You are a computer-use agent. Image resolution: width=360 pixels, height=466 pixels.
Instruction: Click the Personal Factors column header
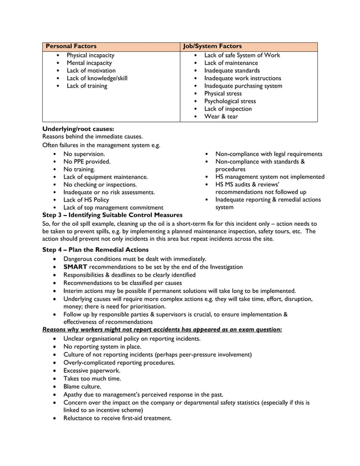coord(71,46)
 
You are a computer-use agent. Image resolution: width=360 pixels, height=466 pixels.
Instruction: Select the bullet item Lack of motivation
coord(91,71)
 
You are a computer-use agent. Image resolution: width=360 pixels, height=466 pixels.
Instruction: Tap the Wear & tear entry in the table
coord(221,117)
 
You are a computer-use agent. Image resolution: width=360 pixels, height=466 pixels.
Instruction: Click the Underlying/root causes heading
coord(78,129)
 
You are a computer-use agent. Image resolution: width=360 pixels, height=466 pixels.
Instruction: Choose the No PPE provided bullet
coord(86,161)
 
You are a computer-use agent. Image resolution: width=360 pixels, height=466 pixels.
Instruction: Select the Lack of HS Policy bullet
coord(86,200)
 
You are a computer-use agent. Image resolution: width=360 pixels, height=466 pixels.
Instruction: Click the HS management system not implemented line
coord(270,177)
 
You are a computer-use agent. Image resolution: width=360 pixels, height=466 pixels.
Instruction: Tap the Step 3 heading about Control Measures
coord(112,215)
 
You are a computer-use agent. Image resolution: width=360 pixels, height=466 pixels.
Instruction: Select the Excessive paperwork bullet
coord(91,371)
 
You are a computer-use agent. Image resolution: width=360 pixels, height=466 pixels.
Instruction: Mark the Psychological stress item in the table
coord(230,102)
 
